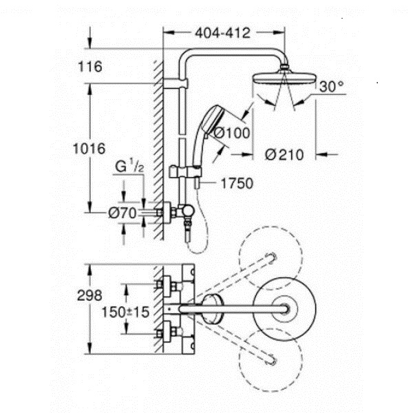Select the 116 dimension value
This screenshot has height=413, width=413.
point(91,67)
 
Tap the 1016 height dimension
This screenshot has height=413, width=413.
point(91,148)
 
